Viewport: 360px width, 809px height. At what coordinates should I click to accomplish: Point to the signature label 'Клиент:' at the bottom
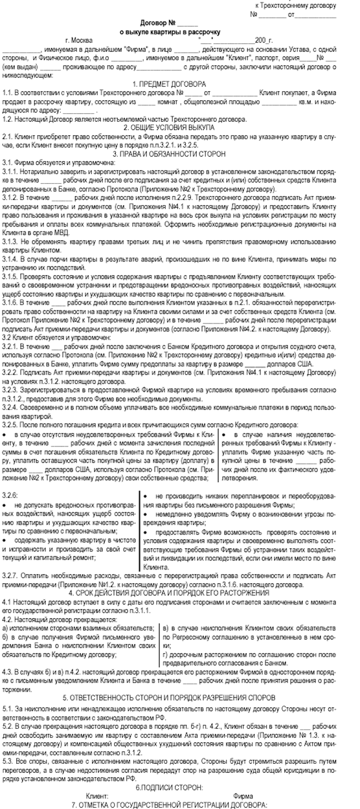pyautogui.click(x=97, y=795)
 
